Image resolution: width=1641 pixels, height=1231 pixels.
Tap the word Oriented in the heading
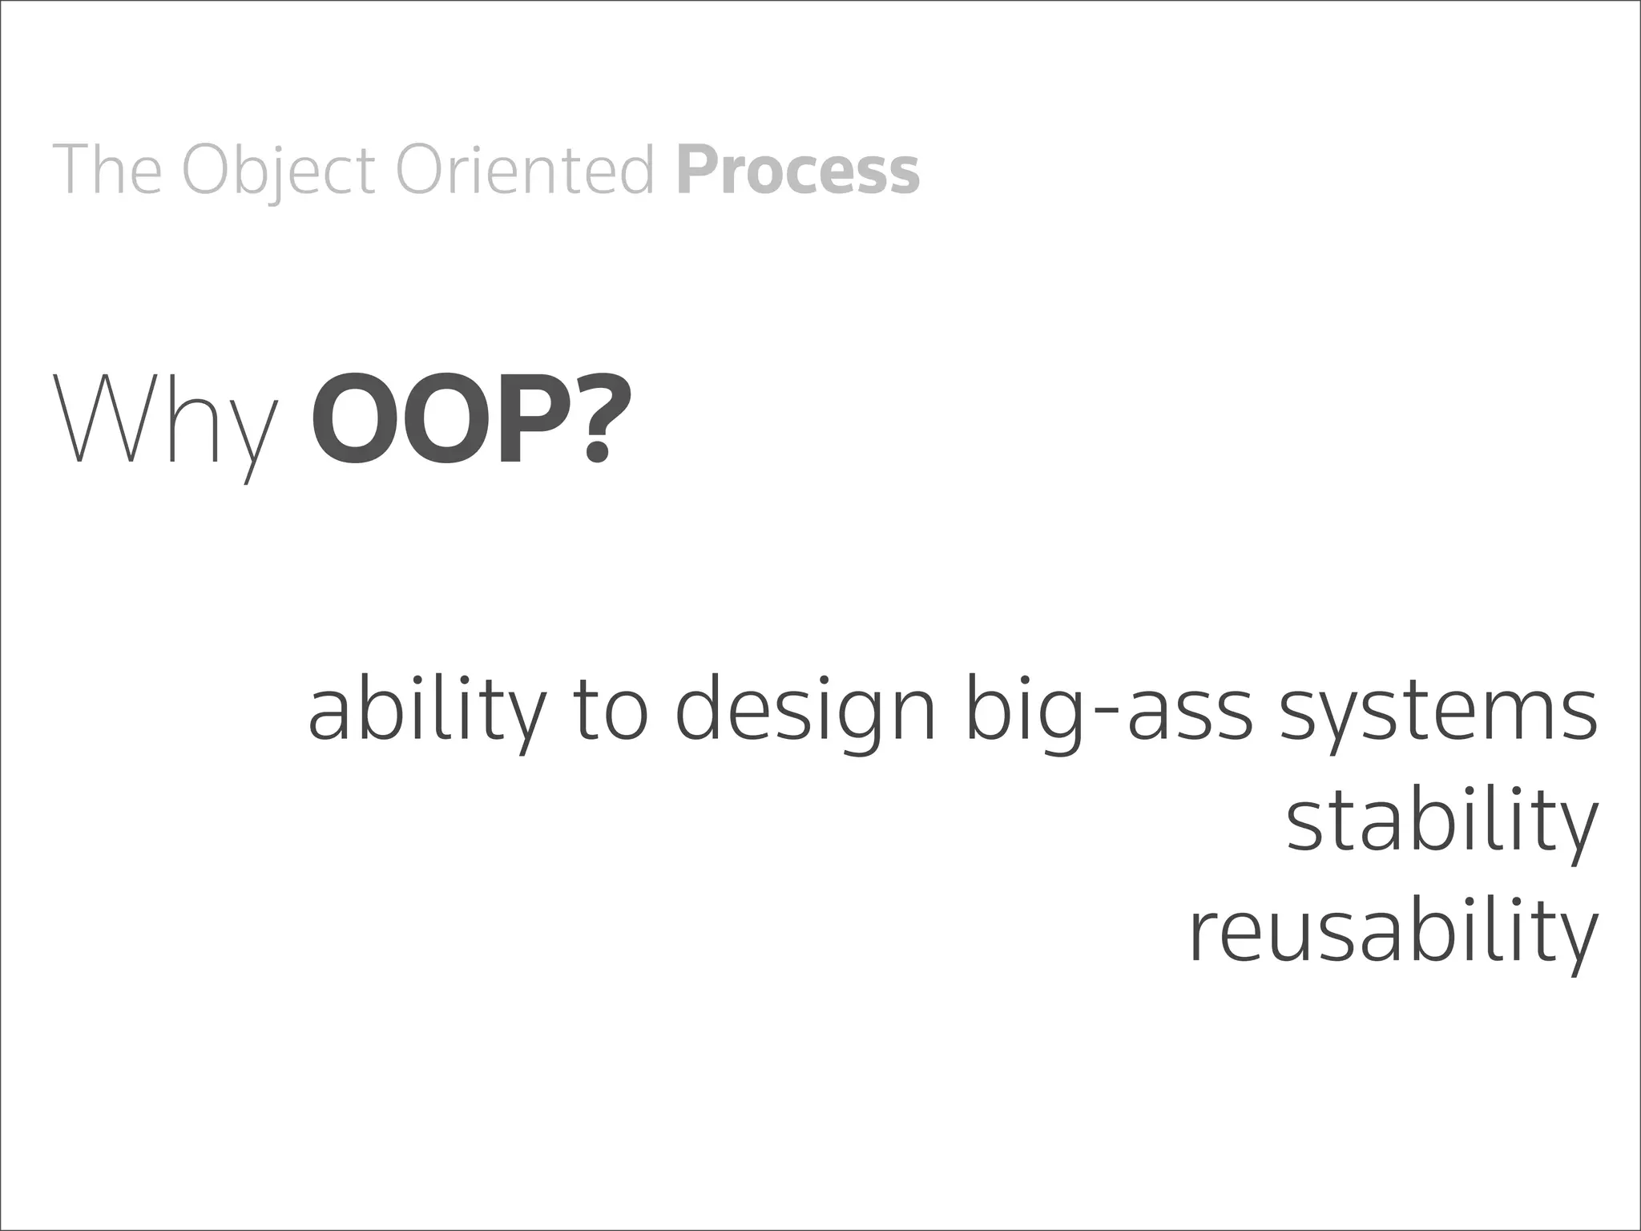pos(526,169)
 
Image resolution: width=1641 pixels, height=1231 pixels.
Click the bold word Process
pos(798,169)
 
